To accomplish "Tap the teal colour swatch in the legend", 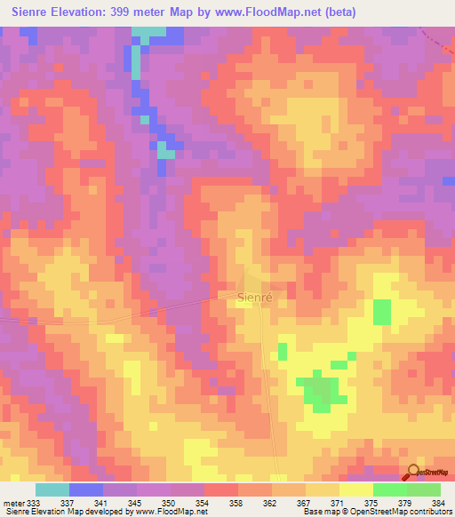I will (52, 489).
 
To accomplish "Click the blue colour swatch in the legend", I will (86, 489).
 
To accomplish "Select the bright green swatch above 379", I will (390, 489).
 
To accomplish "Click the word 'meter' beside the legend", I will (12, 502).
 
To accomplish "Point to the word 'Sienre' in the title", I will (31, 14).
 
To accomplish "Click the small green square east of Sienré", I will (381, 313).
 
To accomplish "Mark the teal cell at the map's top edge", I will (149, 32).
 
